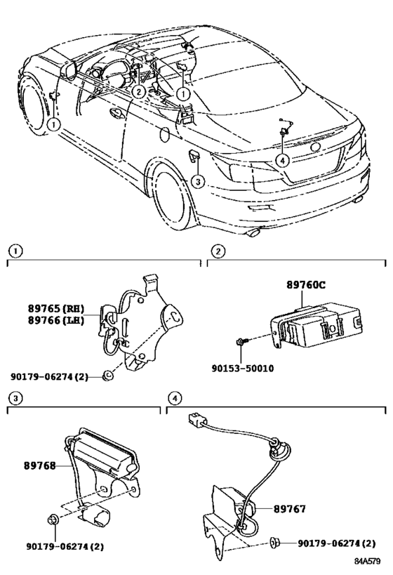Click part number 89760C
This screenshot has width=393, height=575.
305,286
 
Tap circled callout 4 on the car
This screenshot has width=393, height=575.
281,160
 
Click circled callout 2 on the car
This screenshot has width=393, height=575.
139,91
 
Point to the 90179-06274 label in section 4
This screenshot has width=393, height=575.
336,543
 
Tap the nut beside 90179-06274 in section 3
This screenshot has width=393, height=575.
53,520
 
